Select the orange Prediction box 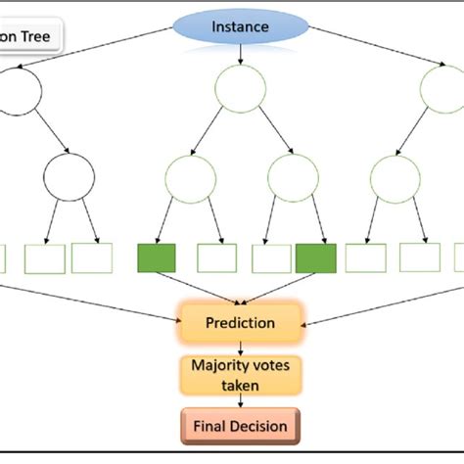click(240, 322)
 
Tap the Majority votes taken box click(239, 375)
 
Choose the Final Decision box click(239, 426)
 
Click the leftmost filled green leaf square click(157, 257)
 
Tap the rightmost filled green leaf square click(315, 257)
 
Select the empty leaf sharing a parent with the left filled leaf click(216, 257)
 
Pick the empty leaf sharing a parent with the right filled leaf click(270, 257)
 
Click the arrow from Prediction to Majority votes click(239, 347)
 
